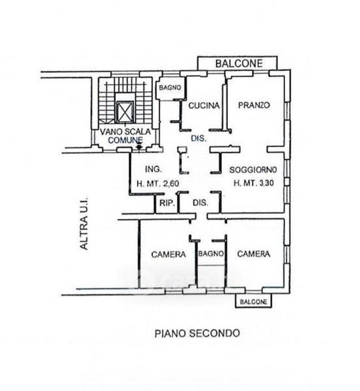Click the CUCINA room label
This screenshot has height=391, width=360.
[x=204, y=106]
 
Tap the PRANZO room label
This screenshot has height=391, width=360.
[x=254, y=105]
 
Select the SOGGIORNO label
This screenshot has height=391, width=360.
[x=253, y=170]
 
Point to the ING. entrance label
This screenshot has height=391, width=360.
[x=153, y=169]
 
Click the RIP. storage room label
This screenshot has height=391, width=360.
[x=167, y=203]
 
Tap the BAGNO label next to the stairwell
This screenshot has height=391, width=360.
[x=170, y=88]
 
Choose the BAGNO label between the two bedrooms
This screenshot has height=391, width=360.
[x=211, y=253]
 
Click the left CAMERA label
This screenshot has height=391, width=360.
[x=169, y=254]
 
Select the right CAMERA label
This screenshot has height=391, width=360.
[x=254, y=254]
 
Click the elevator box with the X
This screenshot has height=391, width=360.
[x=125, y=112]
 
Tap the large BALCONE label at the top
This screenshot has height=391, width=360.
[x=239, y=63]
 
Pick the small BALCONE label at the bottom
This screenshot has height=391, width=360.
[x=253, y=302]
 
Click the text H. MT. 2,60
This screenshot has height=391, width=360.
[x=158, y=184]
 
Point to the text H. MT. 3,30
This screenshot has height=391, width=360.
[x=254, y=183]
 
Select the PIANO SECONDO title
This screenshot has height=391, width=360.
[x=197, y=333]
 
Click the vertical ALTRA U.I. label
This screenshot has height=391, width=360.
[x=84, y=224]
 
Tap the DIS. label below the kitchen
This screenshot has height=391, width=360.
[x=199, y=138]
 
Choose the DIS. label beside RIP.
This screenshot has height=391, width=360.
[x=201, y=203]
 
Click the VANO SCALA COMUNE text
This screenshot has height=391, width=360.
[x=125, y=136]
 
